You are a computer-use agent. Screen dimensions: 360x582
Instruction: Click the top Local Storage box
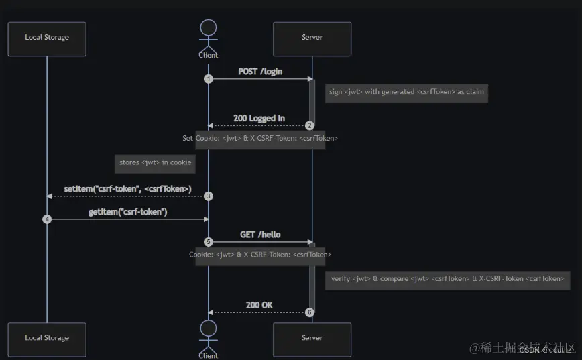47,38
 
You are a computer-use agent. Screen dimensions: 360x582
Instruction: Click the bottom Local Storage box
47,339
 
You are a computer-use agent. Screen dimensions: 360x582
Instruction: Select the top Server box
312,38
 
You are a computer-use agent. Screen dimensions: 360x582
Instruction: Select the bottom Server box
312,339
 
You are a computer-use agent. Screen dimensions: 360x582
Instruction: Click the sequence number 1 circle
209,79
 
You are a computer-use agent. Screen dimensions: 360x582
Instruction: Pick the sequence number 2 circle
310,125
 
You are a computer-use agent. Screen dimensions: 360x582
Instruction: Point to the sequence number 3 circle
209,196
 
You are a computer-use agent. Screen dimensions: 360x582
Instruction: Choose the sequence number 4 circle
47,219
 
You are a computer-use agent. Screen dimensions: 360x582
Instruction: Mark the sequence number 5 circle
209,242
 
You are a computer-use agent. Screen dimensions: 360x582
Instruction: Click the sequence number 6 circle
310,312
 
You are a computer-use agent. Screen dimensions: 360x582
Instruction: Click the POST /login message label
260,71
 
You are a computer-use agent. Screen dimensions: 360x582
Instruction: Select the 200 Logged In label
259,118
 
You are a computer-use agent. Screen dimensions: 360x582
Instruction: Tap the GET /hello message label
260,235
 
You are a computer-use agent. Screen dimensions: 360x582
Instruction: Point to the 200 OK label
259,305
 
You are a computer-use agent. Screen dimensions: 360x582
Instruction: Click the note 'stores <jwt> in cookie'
155,162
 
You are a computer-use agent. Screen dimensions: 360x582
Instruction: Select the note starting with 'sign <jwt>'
406,92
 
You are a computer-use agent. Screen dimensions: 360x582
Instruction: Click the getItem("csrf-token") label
127,212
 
